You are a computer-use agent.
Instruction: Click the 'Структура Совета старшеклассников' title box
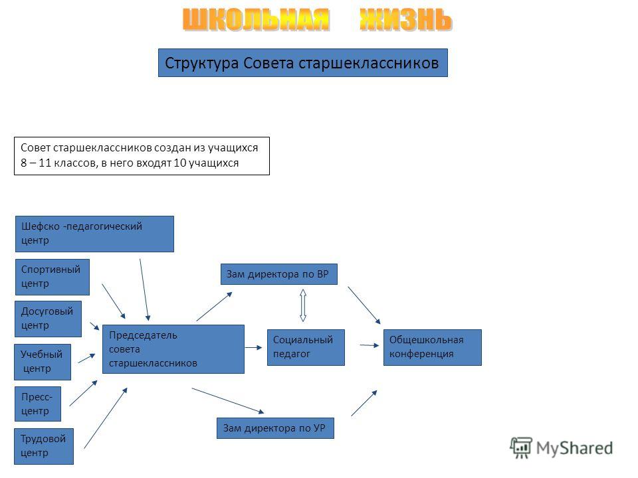click(x=303, y=62)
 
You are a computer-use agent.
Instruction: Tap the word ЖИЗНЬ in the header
click(x=405, y=19)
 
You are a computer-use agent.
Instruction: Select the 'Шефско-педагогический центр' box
click(x=94, y=234)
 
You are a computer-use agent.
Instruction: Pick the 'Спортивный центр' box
click(x=53, y=277)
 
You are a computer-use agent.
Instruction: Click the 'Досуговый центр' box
click(x=48, y=319)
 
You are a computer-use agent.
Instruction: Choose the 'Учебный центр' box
click(x=43, y=362)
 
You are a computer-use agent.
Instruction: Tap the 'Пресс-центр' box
click(x=37, y=404)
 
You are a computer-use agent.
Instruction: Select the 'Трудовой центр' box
click(x=44, y=446)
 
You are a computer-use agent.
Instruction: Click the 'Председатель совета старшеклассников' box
click(x=173, y=349)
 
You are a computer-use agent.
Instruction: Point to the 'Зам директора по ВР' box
click(x=278, y=274)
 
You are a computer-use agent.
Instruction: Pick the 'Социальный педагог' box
click(x=306, y=347)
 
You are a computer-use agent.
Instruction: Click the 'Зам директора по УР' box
click(x=275, y=428)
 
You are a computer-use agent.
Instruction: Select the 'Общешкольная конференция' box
click(x=433, y=347)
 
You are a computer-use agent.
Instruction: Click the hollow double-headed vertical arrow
click(x=303, y=305)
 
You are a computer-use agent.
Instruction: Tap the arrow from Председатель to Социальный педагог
click(x=253, y=347)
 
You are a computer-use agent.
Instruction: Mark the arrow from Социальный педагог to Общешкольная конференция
click(x=370, y=345)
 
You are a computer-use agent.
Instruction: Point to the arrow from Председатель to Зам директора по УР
click(x=228, y=401)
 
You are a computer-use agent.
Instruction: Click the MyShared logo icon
click(x=521, y=448)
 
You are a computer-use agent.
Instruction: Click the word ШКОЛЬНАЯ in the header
click(x=255, y=19)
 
